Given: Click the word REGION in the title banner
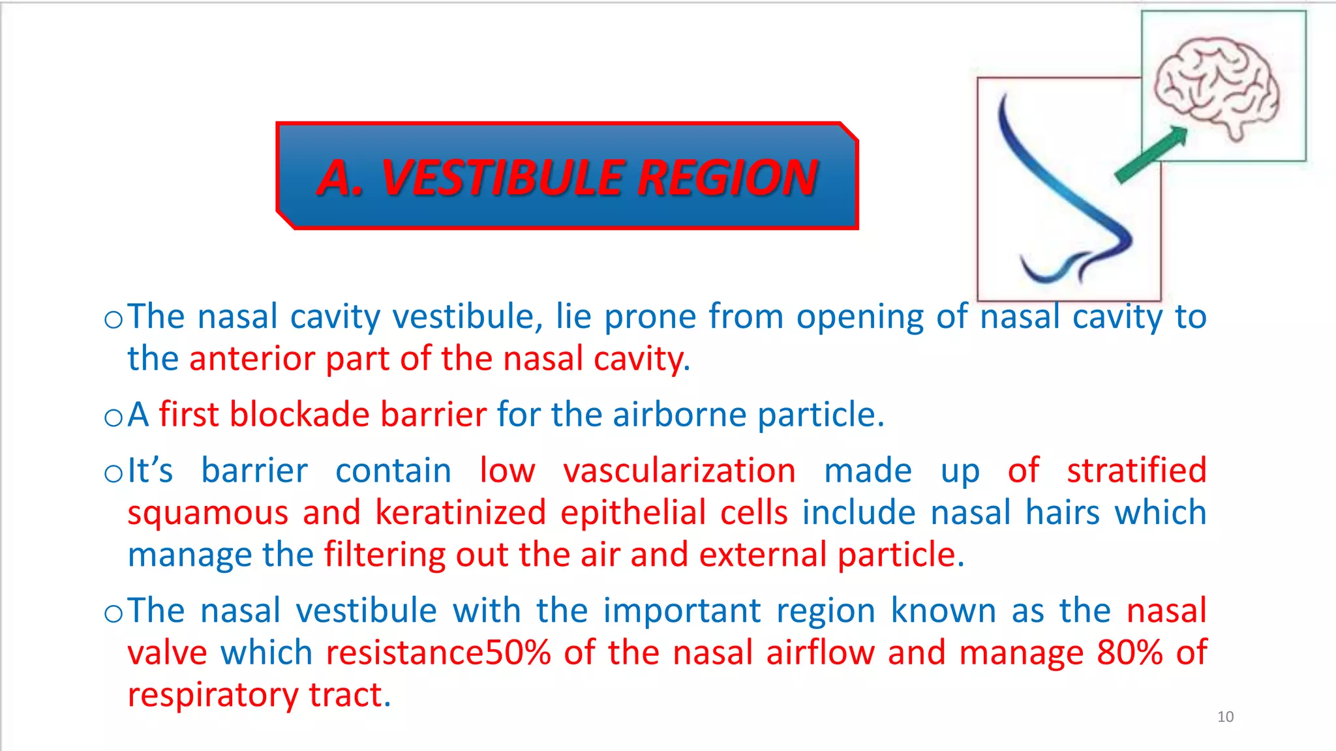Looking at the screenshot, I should click(727, 177).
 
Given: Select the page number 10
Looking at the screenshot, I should click(1225, 717).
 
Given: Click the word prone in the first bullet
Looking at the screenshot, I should click(650, 317).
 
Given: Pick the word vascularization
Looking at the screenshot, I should click(679, 471).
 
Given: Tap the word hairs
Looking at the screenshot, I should click(1062, 512).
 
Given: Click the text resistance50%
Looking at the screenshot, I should click(438, 653).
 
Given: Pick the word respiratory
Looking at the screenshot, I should click(212, 696).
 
